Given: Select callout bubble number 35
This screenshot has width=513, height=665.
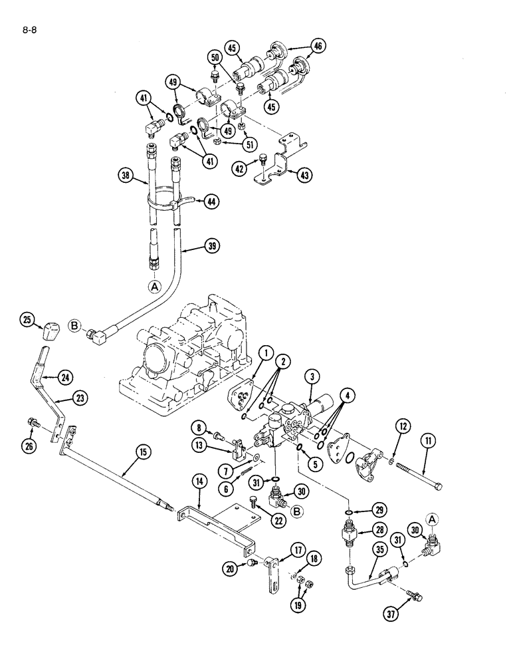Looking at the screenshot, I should pos(361,548).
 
